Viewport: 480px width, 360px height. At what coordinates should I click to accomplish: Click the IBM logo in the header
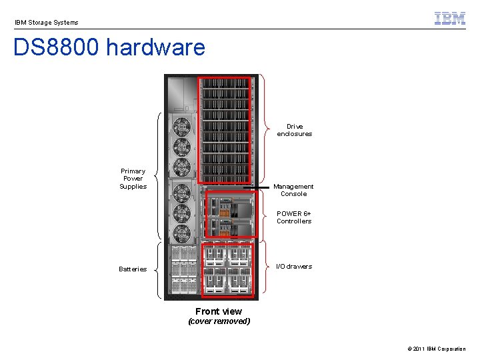point(449,19)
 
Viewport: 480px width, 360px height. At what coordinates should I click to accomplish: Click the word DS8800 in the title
point(56,48)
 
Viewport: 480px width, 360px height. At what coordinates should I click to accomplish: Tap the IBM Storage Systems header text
point(47,23)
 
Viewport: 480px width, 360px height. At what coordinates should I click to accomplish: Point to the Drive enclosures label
point(295,130)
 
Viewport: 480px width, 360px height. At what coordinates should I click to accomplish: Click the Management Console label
point(293,190)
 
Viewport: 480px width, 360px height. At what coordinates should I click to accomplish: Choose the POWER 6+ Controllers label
point(294,217)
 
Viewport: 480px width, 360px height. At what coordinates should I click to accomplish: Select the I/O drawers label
point(294,267)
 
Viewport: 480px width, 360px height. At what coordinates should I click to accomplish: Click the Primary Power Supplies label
point(133,179)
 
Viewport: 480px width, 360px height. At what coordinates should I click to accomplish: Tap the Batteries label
point(133,269)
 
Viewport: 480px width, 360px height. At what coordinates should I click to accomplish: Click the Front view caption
point(219,311)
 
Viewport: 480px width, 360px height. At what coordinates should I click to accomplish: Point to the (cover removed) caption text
point(219,321)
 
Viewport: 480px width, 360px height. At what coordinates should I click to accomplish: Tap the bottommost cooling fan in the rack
point(182,233)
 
